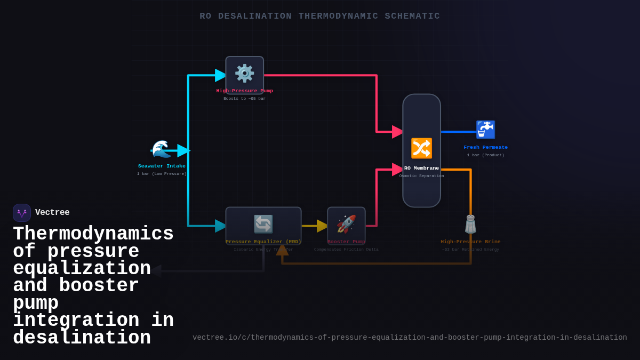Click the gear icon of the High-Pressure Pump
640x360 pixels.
[x=245, y=74]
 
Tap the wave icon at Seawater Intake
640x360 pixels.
[x=161, y=149]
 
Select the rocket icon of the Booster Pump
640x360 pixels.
[x=346, y=225]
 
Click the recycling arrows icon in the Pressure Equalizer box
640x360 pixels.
[x=263, y=224]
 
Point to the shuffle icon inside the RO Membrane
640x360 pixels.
[x=421, y=148]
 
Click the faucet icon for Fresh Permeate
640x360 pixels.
[x=485, y=130]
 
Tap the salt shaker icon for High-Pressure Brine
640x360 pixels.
[x=470, y=225]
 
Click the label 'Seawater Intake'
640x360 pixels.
[x=162, y=166]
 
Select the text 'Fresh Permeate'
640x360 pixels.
[x=485, y=147]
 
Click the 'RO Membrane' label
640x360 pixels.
[x=421, y=168]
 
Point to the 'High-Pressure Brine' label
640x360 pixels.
[x=470, y=242]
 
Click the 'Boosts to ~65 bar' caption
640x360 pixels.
[x=244, y=99]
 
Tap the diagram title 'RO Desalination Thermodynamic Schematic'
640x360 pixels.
[x=320, y=16]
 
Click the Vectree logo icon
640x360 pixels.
[x=22, y=213]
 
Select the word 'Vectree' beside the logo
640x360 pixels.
[x=52, y=213]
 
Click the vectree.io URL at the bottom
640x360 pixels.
[x=410, y=338]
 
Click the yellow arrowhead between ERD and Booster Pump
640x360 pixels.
[x=322, y=226]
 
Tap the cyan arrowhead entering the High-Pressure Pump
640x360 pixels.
[x=220, y=75]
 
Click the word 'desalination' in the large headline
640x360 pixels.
[x=82, y=338]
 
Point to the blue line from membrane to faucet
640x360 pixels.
[x=459, y=132]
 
